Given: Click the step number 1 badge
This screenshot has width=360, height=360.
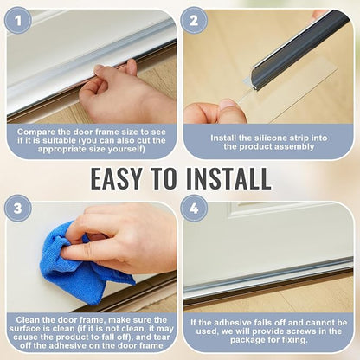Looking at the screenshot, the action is click(x=18, y=20).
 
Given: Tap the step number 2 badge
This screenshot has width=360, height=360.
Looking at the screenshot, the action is click(x=194, y=21).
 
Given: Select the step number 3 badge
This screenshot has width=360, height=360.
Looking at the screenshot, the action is click(x=18, y=208).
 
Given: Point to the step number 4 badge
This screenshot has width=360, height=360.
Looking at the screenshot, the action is click(x=194, y=208).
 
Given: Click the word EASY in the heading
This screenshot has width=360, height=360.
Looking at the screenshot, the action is click(x=117, y=178).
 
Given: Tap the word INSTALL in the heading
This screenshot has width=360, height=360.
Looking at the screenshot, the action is click(x=228, y=178).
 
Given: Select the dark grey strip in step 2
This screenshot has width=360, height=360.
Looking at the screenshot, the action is click(x=292, y=49).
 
